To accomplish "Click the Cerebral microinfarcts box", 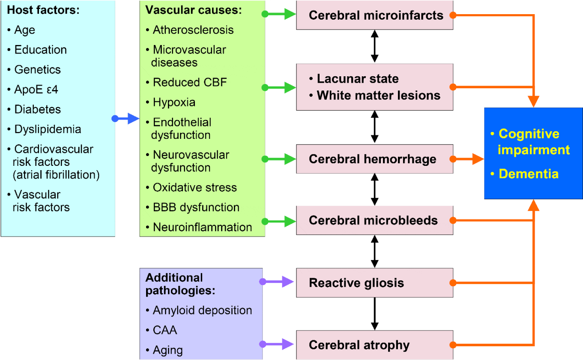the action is point(374,15).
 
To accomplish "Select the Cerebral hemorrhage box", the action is point(374,159).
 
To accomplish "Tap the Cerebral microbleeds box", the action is point(374,220).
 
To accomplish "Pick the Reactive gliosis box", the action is point(374,283).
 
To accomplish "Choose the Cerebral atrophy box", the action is point(374,345).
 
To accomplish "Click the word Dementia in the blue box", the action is point(528,174).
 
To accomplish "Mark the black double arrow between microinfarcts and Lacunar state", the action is point(374,46).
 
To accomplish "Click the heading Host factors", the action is point(43,10).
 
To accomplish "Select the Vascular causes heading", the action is point(194,10).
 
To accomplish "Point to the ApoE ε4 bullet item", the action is point(33,90).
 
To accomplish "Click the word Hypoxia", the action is point(174,102).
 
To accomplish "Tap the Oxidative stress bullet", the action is point(191,187).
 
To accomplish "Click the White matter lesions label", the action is point(378,95).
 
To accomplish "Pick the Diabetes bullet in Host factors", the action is point(34,109).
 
